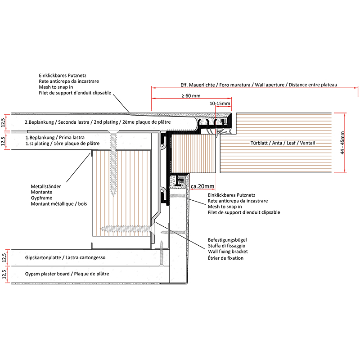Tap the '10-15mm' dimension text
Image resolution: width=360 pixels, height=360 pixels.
220,103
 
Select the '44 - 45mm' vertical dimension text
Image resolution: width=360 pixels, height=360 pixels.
343,142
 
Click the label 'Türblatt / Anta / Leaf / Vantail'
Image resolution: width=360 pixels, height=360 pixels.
282,143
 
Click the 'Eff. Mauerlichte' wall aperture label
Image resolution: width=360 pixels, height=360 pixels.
259,85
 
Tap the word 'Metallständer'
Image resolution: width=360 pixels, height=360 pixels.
46,186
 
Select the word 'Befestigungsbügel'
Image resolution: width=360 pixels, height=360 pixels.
227,240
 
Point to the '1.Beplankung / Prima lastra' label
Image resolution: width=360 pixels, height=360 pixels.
54,137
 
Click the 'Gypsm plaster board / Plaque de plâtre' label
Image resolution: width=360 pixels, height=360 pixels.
67,274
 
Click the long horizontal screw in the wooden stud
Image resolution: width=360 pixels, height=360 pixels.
126,229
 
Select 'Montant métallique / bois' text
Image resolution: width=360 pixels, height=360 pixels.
59,204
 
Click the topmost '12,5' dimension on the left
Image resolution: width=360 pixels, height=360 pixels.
4,121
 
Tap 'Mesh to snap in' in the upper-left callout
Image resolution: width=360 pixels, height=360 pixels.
56,87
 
